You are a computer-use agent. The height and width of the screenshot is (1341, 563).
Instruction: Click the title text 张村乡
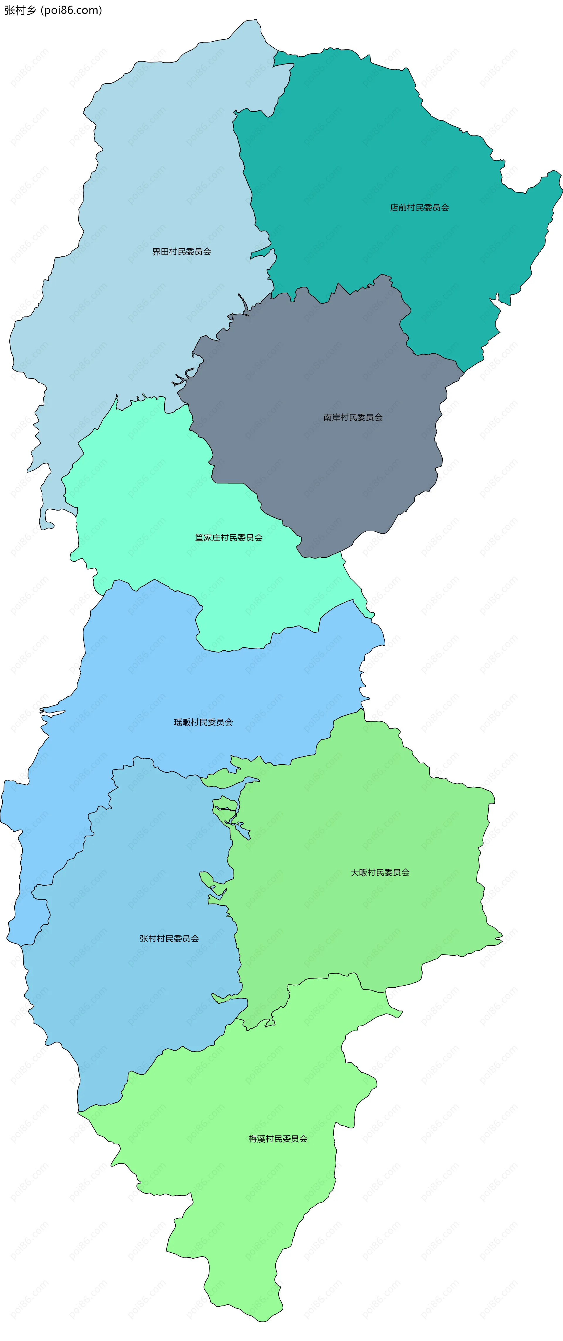(20, 11)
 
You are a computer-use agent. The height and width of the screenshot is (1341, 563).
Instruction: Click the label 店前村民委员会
(419, 208)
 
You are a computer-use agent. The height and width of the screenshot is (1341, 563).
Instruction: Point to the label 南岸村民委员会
(353, 418)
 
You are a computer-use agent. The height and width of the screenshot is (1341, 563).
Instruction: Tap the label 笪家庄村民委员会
(228, 538)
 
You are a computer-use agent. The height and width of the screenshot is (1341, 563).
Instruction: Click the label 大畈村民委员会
(380, 872)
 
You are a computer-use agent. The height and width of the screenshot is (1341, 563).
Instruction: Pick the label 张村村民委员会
(169, 939)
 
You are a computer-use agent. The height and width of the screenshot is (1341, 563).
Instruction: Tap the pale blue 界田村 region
(156, 182)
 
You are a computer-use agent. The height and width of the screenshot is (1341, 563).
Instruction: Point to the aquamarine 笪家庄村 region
(156, 494)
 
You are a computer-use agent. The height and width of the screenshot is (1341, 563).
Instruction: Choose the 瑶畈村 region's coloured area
(156, 677)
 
